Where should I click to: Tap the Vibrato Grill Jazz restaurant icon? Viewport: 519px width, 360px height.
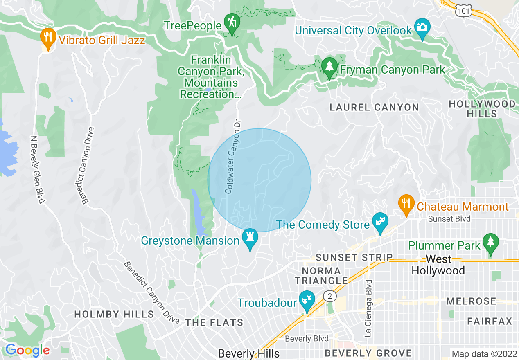[48, 38]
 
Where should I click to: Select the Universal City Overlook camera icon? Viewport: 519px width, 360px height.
[422, 27]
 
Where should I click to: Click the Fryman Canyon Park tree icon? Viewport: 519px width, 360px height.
[329, 66]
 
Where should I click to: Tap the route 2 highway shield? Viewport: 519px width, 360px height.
[329, 296]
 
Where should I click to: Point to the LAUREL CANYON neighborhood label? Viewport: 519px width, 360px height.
[375, 108]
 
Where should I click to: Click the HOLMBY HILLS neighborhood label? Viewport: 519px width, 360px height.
[114, 314]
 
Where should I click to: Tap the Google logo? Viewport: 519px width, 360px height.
[27, 350]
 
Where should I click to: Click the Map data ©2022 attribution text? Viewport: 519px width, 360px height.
[484, 354]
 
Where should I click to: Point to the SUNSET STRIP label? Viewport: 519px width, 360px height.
[354, 258]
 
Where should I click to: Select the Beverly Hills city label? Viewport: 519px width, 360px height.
[249, 353]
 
